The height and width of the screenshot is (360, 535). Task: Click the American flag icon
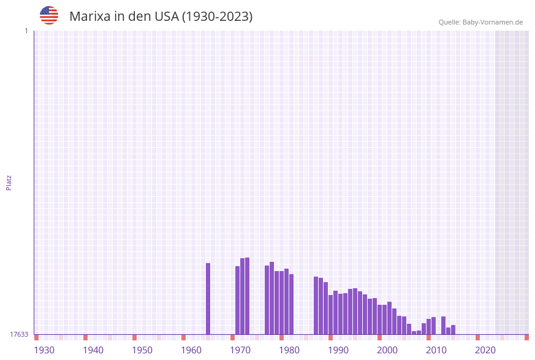click(49, 15)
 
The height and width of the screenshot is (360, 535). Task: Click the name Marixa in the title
click(89, 17)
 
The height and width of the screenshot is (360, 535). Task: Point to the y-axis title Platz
click(9, 182)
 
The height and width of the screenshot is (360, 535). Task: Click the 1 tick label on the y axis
click(26, 31)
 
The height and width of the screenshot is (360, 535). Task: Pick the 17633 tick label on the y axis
click(19, 334)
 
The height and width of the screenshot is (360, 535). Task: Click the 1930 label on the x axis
click(44, 350)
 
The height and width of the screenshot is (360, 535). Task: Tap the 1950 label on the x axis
click(142, 350)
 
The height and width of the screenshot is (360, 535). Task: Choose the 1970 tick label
click(240, 350)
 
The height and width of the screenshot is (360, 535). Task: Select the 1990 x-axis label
click(338, 350)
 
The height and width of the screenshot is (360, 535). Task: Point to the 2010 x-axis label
click(436, 350)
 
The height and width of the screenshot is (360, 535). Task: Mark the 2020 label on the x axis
click(485, 350)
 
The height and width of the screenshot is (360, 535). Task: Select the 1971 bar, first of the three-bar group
click(238, 301)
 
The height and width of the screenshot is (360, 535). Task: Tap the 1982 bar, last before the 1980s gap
click(292, 304)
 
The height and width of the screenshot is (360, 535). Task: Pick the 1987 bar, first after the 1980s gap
click(316, 305)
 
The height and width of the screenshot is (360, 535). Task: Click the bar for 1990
click(331, 315)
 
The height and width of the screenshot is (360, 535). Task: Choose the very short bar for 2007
click(414, 332)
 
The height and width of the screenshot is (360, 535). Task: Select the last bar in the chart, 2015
click(453, 330)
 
